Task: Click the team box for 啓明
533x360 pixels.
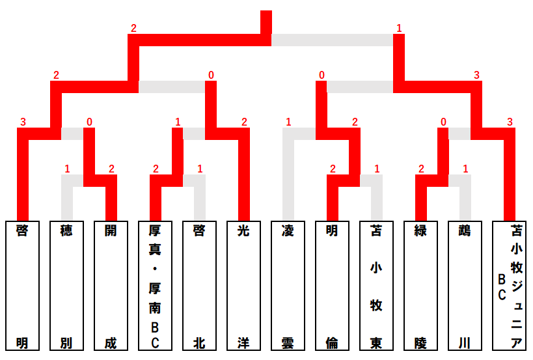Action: [x=22, y=286]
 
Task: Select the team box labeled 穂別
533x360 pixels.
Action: [x=66, y=286]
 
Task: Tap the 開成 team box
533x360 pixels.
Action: [x=111, y=286]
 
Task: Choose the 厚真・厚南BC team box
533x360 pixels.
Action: [x=155, y=286]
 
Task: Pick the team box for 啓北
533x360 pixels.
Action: [x=199, y=286]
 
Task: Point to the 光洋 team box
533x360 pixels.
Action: [x=243, y=286]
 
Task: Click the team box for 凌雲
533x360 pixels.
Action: [x=288, y=286]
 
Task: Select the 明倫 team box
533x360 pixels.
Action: [x=332, y=286]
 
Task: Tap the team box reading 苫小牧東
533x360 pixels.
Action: [x=376, y=286]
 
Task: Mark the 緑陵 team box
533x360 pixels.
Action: [x=420, y=286]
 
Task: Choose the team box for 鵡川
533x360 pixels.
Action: [x=465, y=286]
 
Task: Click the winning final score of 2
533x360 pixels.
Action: [x=133, y=29]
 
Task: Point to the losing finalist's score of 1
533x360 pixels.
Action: [x=399, y=29]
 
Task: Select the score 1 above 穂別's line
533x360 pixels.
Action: [x=67, y=169]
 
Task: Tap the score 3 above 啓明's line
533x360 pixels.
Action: [x=23, y=122]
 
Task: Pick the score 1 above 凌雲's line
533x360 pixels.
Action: [x=288, y=122]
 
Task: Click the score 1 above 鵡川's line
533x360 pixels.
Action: [x=465, y=169]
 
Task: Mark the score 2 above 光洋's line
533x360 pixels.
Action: [x=244, y=122]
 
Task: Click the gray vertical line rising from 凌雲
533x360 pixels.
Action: [x=288, y=176]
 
